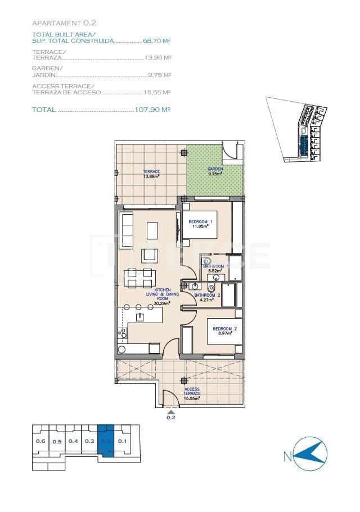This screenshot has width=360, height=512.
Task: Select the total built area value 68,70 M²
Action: (x=157, y=41)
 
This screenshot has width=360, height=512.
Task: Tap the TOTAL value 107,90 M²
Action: (x=152, y=110)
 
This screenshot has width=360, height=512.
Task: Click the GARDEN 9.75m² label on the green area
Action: (x=214, y=171)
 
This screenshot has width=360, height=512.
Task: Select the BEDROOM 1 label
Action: (x=200, y=224)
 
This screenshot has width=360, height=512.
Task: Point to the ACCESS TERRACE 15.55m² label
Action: (x=192, y=393)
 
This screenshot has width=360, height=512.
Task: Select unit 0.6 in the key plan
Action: (x=40, y=441)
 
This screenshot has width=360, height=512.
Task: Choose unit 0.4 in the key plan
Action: (x=73, y=441)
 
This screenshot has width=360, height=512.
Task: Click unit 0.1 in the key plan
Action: (x=123, y=441)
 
